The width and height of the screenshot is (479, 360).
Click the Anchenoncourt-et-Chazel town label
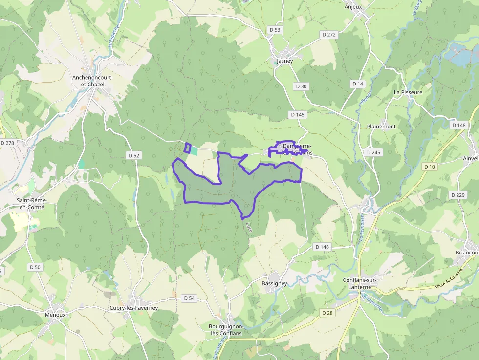tap(88, 81)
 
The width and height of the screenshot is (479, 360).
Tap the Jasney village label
tap(284, 61)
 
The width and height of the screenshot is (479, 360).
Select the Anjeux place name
tap(353, 7)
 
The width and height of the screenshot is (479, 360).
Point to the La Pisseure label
tap(408, 92)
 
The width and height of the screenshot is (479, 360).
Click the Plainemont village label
tap(381, 127)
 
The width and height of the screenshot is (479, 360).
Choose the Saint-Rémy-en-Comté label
tap(30, 204)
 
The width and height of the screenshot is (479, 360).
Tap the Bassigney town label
tap(274, 283)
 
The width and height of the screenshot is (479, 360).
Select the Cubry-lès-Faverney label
tap(134, 308)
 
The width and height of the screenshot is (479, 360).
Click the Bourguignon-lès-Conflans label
tap(225, 330)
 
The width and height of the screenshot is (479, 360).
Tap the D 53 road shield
tap(275, 30)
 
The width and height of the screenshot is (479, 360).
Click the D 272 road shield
tap(329, 35)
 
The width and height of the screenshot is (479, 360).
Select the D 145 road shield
tap(297, 115)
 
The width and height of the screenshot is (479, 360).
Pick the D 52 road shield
tap(134, 155)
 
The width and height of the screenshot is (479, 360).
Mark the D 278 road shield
tap(7, 143)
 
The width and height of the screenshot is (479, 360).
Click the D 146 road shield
tap(322, 247)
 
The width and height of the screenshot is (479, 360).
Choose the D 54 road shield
tap(189, 298)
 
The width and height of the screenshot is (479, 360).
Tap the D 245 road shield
tap(373, 152)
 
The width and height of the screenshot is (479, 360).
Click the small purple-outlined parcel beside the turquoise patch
tap(187, 148)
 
